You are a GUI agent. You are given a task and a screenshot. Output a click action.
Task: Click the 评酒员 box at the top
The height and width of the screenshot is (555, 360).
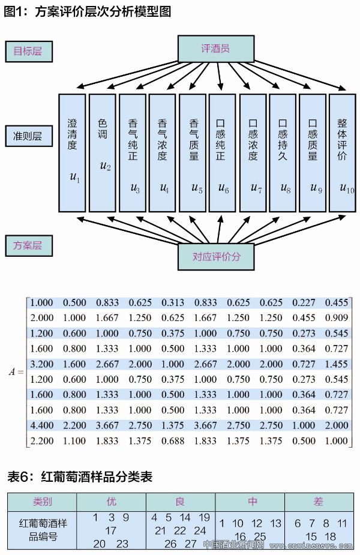216,49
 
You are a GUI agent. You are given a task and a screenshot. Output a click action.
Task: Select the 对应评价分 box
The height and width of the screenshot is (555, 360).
216,256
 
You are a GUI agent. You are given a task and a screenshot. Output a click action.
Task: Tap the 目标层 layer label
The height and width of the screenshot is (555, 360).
28,52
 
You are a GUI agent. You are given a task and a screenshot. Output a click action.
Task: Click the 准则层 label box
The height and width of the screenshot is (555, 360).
28,136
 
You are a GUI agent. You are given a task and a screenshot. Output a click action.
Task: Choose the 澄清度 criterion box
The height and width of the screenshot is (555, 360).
73,152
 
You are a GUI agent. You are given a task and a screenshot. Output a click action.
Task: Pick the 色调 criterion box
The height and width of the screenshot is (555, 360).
103,152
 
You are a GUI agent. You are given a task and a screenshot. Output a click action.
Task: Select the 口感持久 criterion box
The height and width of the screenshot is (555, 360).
283,152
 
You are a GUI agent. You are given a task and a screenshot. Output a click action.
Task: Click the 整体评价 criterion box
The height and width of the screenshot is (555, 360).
343,152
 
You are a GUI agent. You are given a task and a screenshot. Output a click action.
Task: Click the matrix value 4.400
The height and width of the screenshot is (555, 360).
41,425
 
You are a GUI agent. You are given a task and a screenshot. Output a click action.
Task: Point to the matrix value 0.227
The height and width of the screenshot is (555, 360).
304,302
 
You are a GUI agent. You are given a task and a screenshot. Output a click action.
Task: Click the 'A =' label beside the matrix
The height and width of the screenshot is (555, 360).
16,371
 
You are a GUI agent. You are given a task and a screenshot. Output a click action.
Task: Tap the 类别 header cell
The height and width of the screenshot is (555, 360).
42,502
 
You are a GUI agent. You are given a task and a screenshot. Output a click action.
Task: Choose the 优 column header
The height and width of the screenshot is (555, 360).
111,502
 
